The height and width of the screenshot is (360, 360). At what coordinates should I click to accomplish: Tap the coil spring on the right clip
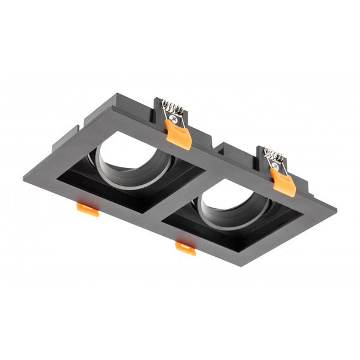pos(274,155)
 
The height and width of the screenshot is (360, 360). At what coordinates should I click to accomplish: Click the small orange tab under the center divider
pos(185,248)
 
